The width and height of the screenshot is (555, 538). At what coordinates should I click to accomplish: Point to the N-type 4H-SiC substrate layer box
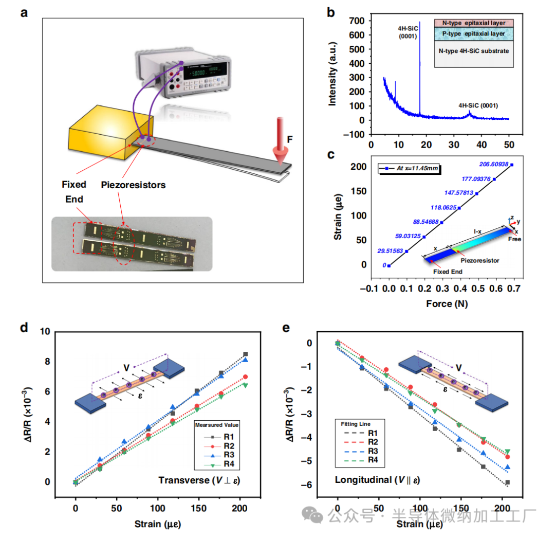pos(473,51)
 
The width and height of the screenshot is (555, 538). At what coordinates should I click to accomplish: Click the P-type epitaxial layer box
pos(473,33)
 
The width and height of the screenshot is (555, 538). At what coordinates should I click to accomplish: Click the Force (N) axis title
pos(447,304)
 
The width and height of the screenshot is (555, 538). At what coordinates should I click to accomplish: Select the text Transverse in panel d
pos(181,480)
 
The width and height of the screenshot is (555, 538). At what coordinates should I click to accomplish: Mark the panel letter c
pos(331,155)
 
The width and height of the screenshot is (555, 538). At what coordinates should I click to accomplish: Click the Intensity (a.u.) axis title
pos(332,75)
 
